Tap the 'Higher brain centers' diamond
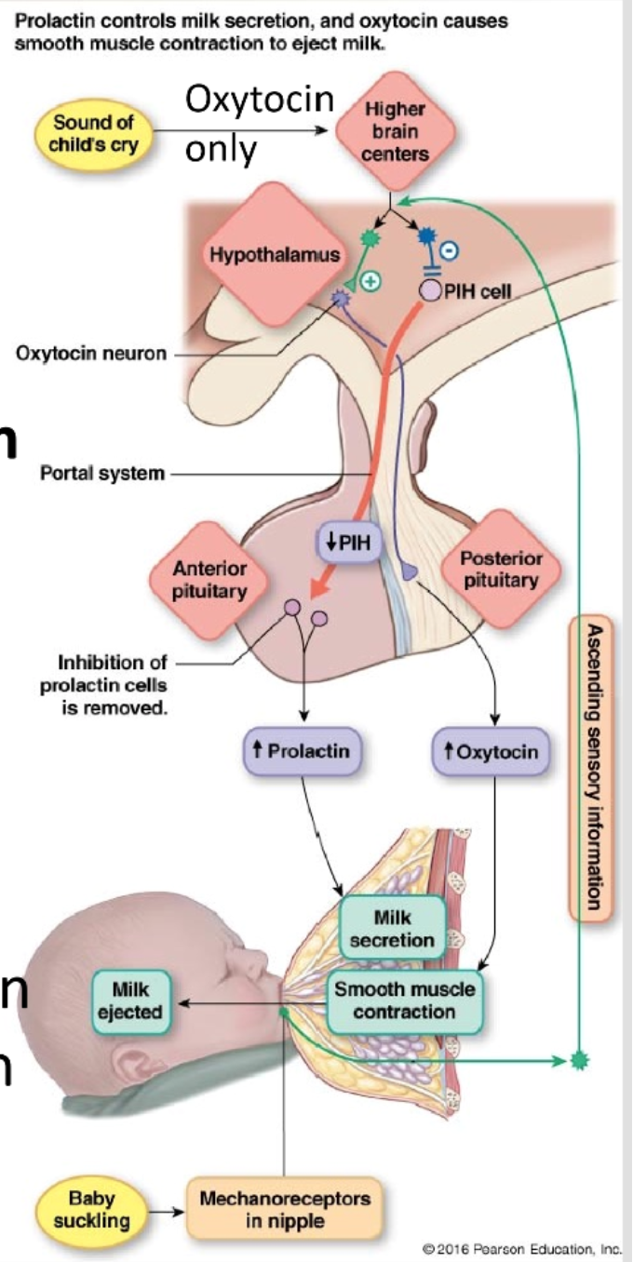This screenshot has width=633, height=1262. pyautogui.click(x=395, y=132)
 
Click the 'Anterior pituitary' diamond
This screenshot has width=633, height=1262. pyautogui.click(x=209, y=579)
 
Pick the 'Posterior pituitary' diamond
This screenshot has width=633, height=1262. pyautogui.click(x=499, y=569)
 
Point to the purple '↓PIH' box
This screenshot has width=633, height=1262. pyautogui.click(x=349, y=541)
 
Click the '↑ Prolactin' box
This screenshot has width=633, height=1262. pyautogui.click(x=302, y=750)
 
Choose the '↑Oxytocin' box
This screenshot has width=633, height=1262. pyautogui.click(x=491, y=750)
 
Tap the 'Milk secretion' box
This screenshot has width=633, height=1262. pyautogui.click(x=391, y=930)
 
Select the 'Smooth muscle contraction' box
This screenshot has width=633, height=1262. pyautogui.click(x=405, y=1000)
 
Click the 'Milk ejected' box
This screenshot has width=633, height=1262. pyautogui.click(x=131, y=1001)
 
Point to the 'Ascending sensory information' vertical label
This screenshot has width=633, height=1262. pyautogui.click(x=591, y=767)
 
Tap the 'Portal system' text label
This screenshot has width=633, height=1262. pyautogui.click(x=102, y=474)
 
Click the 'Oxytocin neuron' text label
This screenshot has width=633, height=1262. pyautogui.click(x=92, y=354)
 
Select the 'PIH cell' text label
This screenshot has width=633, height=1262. pyautogui.click(x=478, y=291)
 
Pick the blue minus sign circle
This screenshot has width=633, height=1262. pyautogui.click(x=448, y=248)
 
